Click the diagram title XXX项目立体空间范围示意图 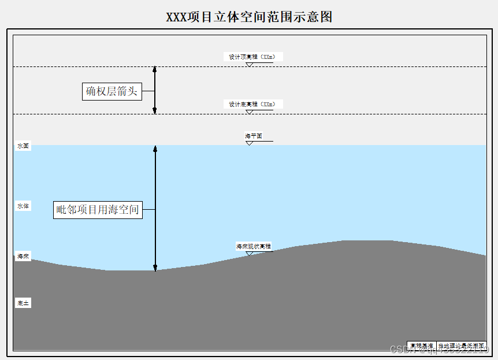click(249, 17)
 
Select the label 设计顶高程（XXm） click(252, 57)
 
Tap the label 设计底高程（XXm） click(252, 104)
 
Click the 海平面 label click(254, 136)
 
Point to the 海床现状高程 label click(253, 246)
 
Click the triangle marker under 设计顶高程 click(249, 65)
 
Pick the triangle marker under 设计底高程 click(249, 112)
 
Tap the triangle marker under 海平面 click(249, 143)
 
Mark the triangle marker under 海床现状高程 click(249, 253)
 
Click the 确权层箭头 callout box click(112, 91)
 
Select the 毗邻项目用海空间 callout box click(98, 210)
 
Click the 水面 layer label click(23, 146)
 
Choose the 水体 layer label click(23, 206)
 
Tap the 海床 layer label click(23, 256)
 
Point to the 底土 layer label click(23, 303)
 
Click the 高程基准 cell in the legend click(421, 346)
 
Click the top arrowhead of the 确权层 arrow click(155, 69)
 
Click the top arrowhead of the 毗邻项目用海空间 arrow click(155, 149)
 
